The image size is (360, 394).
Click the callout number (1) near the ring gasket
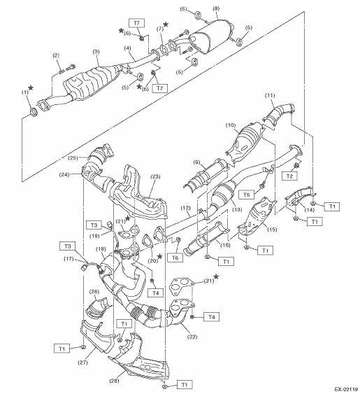click(x=24, y=92)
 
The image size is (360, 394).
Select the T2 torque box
click(x=289, y=176)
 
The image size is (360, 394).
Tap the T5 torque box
click(x=246, y=195)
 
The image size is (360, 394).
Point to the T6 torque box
click(x=175, y=258)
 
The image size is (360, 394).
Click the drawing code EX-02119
click(x=346, y=390)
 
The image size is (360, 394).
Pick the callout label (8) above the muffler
click(x=216, y=9)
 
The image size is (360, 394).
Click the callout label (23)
click(x=155, y=176)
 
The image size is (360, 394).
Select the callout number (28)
click(x=114, y=381)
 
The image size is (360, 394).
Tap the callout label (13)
click(x=237, y=209)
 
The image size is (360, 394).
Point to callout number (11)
click(x=270, y=95)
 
